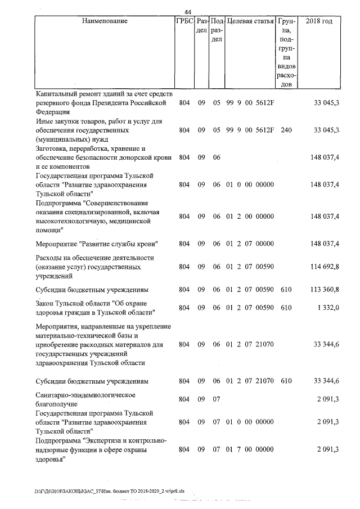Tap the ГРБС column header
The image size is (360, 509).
(184, 21)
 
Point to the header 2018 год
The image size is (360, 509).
(318, 21)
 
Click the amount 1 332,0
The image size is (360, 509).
(327, 308)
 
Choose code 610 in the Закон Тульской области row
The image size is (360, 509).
(286, 308)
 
